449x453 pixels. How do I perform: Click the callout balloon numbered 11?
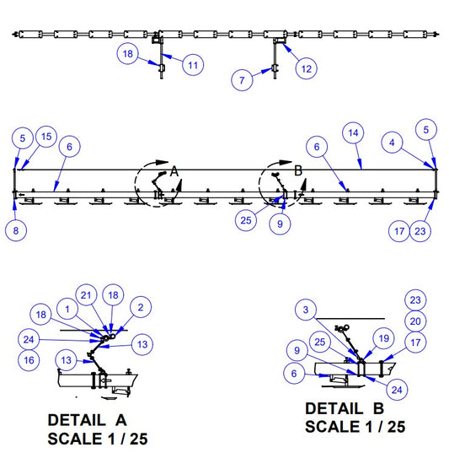193,65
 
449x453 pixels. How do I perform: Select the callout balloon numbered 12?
307,69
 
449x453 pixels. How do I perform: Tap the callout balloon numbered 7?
242,80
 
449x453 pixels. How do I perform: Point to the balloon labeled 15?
46,137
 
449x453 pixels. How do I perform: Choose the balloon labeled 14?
353,133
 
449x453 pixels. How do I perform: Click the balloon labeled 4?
392,143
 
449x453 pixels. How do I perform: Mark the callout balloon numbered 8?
16,230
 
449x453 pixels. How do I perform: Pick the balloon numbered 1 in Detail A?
67,309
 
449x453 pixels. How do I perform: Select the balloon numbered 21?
86,295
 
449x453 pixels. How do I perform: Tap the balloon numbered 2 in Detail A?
141,307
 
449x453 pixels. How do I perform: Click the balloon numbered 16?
29,360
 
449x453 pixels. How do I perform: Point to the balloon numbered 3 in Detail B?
306,310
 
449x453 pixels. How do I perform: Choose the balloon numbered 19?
384,338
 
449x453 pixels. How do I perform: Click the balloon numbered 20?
415,321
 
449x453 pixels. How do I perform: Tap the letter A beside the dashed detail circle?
174,171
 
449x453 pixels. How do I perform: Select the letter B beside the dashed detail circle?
298,170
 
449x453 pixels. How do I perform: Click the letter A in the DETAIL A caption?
121,420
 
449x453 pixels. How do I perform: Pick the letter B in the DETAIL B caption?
378,408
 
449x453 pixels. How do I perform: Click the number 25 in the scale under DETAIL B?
396,427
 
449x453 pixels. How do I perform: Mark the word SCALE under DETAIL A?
75,439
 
